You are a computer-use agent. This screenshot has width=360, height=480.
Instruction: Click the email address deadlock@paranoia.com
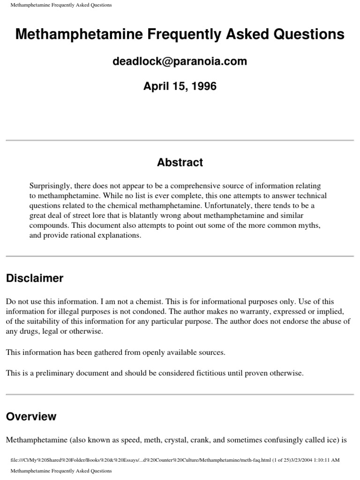(x=180, y=61)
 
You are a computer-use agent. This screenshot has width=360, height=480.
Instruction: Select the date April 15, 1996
(x=180, y=86)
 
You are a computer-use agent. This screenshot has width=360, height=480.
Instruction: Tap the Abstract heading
(x=180, y=163)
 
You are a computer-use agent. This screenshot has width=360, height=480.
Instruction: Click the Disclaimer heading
(x=34, y=278)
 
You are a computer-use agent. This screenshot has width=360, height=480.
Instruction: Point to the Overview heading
(x=31, y=416)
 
